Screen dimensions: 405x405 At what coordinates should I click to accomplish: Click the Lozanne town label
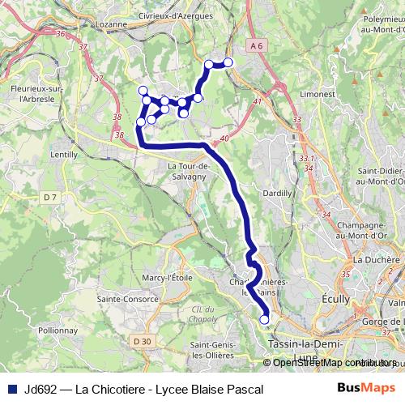point(112,24)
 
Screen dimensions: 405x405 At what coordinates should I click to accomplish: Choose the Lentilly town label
point(64,154)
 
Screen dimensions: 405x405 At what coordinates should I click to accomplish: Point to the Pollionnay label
point(58,330)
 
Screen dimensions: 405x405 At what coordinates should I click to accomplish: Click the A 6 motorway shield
point(258,46)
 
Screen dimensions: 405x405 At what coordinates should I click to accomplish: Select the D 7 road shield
point(50,197)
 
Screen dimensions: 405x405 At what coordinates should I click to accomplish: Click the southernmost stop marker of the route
point(264,320)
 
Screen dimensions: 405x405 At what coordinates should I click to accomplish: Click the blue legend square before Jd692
point(12,390)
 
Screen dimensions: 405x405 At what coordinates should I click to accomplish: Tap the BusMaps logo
point(366,389)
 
